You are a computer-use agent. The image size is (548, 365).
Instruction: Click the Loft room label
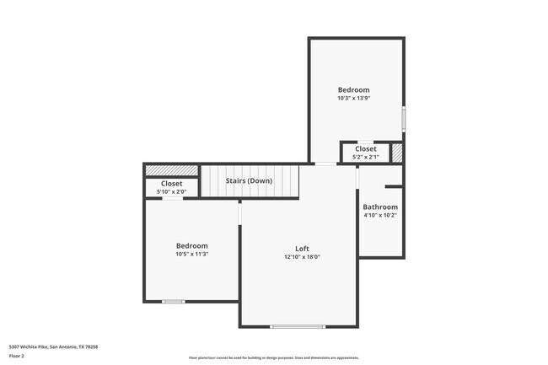click(302, 249)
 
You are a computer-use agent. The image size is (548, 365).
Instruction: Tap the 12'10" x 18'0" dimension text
click(302, 257)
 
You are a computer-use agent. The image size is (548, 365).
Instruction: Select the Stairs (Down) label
click(248, 180)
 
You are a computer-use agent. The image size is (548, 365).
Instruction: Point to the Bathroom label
click(380, 207)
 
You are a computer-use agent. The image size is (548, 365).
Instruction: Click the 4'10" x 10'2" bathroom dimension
click(380, 215)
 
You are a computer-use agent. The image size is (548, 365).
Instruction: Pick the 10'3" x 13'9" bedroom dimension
click(353, 99)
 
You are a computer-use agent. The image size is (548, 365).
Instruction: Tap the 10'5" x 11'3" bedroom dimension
click(191, 254)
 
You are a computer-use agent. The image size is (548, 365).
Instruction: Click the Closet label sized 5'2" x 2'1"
click(365, 149)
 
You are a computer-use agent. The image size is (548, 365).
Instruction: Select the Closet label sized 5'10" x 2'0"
click(171, 183)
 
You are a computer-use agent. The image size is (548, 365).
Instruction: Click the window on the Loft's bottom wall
click(297, 326)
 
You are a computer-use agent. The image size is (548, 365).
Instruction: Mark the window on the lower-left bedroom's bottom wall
click(174, 301)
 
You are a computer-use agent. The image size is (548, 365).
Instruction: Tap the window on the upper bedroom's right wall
click(404, 118)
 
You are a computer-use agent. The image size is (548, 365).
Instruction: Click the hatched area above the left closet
click(171, 170)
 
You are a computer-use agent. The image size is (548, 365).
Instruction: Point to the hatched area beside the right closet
click(397, 153)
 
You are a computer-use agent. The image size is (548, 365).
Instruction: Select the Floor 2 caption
click(17, 356)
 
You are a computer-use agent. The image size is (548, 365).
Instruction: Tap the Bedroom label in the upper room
click(353, 89)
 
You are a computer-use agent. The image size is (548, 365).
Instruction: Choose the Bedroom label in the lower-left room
click(191, 245)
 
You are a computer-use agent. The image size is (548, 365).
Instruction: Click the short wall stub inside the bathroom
click(394, 186)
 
